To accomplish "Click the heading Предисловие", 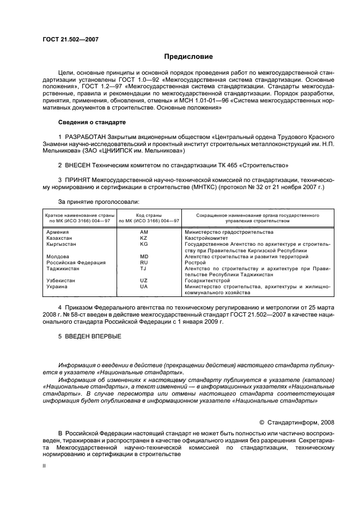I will (189, 56).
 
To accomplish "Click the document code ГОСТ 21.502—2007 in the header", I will (67, 40).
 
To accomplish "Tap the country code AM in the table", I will (144, 232).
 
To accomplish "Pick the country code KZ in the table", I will (144, 238).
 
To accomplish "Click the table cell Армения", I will (58, 232).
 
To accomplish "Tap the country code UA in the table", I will (144, 286).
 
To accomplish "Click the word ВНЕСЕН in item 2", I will (80, 164).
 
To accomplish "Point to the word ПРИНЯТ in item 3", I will (80, 179).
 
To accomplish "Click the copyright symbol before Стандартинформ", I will (261, 421).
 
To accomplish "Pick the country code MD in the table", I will (144, 256).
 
